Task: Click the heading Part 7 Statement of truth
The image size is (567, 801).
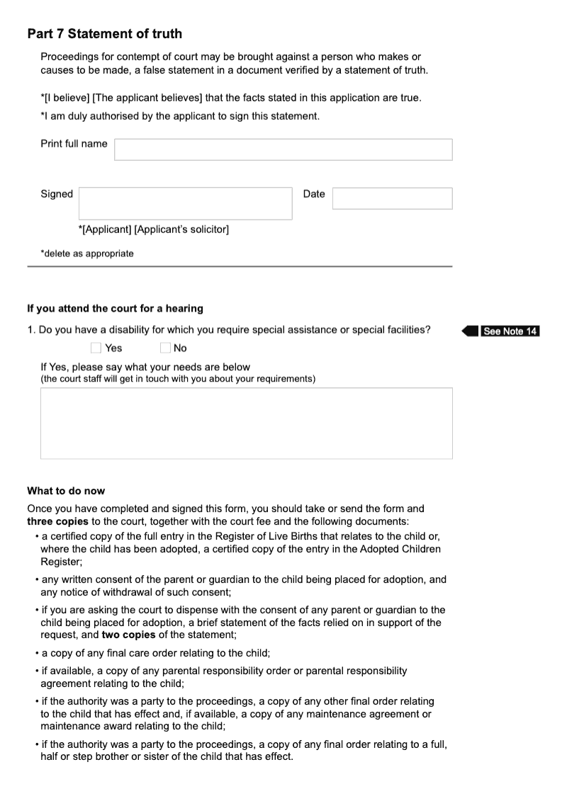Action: point(104,34)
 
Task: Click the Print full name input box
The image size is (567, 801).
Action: point(283,149)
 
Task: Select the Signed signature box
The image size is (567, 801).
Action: point(185,203)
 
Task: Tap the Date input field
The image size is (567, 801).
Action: point(392,198)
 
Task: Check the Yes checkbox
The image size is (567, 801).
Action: point(96,348)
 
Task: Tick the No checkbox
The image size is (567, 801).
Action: point(165,348)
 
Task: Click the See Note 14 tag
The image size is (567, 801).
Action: point(510,331)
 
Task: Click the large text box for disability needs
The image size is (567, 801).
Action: point(246,423)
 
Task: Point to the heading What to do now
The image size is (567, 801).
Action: point(66,491)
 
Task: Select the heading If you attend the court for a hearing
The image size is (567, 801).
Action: point(115,309)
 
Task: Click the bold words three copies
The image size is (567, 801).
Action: point(58,522)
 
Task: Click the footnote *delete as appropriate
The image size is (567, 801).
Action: point(86,254)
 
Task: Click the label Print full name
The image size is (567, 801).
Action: point(74,144)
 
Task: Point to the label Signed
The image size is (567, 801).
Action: point(57,194)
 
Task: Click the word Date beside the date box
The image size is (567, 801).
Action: point(314,194)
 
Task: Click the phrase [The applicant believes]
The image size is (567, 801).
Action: point(143,98)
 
